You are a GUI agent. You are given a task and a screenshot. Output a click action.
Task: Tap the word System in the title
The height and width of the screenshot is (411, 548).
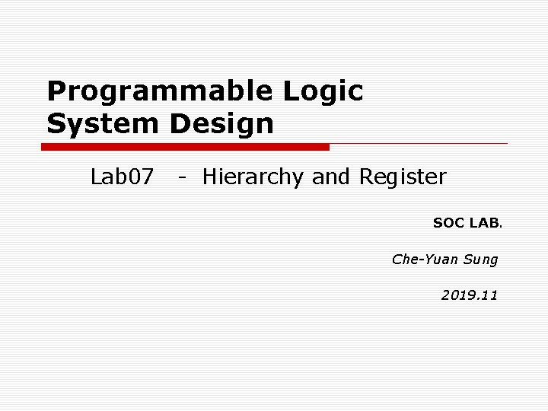(x=104, y=123)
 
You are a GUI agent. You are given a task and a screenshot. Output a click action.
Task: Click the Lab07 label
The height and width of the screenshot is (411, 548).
(x=123, y=177)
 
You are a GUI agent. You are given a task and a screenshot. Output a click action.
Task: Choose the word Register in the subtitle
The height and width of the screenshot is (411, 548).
(x=403, y=178)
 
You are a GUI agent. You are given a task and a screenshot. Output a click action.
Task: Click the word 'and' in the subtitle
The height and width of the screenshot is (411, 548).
(x=332, y=177)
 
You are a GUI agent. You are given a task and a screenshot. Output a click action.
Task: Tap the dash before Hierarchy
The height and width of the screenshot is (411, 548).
(x=182, y=179)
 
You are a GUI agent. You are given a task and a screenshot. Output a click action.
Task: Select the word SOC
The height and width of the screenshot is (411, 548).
(x=448, y=223)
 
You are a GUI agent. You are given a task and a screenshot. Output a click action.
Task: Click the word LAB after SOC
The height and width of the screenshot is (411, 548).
(x=484, y=223)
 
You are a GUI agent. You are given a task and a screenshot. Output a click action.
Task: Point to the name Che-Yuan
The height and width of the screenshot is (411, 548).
(x=425, y=260)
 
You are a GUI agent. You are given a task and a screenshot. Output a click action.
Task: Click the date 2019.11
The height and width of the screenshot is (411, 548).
(x=470, y=295)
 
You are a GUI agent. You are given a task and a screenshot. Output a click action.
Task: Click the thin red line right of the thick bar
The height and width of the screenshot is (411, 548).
(x=419, y=143)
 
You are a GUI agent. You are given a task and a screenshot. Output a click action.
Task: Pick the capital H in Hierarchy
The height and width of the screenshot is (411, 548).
(x=210, y=177)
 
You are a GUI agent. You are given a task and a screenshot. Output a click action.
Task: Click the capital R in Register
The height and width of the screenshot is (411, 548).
(x=366, y=177)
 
